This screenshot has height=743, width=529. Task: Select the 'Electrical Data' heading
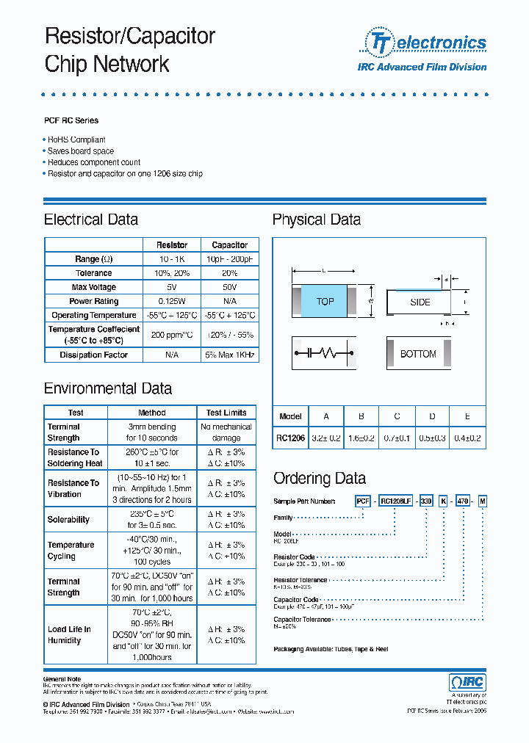(91, 220)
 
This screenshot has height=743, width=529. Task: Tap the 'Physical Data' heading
(317, 220)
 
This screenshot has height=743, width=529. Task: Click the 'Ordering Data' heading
(320, 479)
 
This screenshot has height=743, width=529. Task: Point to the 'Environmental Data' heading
(108, 389)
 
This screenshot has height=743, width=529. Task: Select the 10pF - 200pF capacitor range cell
(229, 259)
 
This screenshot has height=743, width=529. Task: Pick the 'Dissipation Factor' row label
(93, 355)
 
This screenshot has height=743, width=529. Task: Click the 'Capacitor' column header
(229, 245)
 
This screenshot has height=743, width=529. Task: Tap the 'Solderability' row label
(68, 520)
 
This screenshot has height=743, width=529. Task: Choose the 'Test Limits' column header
(226, 413)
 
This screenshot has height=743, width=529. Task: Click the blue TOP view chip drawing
(325, 302)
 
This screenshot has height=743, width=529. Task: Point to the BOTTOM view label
(418, 354)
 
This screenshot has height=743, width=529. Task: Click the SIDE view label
(420, 302)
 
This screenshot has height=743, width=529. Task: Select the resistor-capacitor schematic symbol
(325, 354)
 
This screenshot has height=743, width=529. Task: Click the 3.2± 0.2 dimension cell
(326, 438)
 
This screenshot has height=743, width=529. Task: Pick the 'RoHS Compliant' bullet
(76, 139)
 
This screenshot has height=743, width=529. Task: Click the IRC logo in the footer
(467, 682)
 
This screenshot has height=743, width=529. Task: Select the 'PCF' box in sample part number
(363, 501)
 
